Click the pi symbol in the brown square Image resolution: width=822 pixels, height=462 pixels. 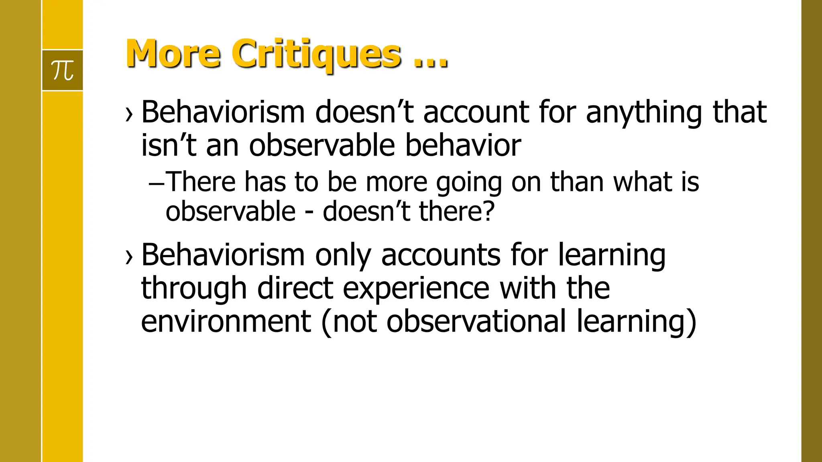pos(63,71)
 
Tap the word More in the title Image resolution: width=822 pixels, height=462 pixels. pos(173,54)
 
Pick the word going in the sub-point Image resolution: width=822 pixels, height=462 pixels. pos(469,182)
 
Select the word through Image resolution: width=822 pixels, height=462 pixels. pos(194,289)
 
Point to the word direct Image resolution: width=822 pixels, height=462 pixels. pos(295,289)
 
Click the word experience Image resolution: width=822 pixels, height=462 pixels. pos(416,289)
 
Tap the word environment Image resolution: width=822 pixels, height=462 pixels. pos(226,322)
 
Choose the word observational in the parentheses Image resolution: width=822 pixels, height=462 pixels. pos(476,322)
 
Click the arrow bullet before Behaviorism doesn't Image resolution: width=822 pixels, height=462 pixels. pos(129,114)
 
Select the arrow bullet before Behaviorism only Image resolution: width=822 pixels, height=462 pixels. pos(129,257)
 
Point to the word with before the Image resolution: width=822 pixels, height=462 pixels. pos(528,289)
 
